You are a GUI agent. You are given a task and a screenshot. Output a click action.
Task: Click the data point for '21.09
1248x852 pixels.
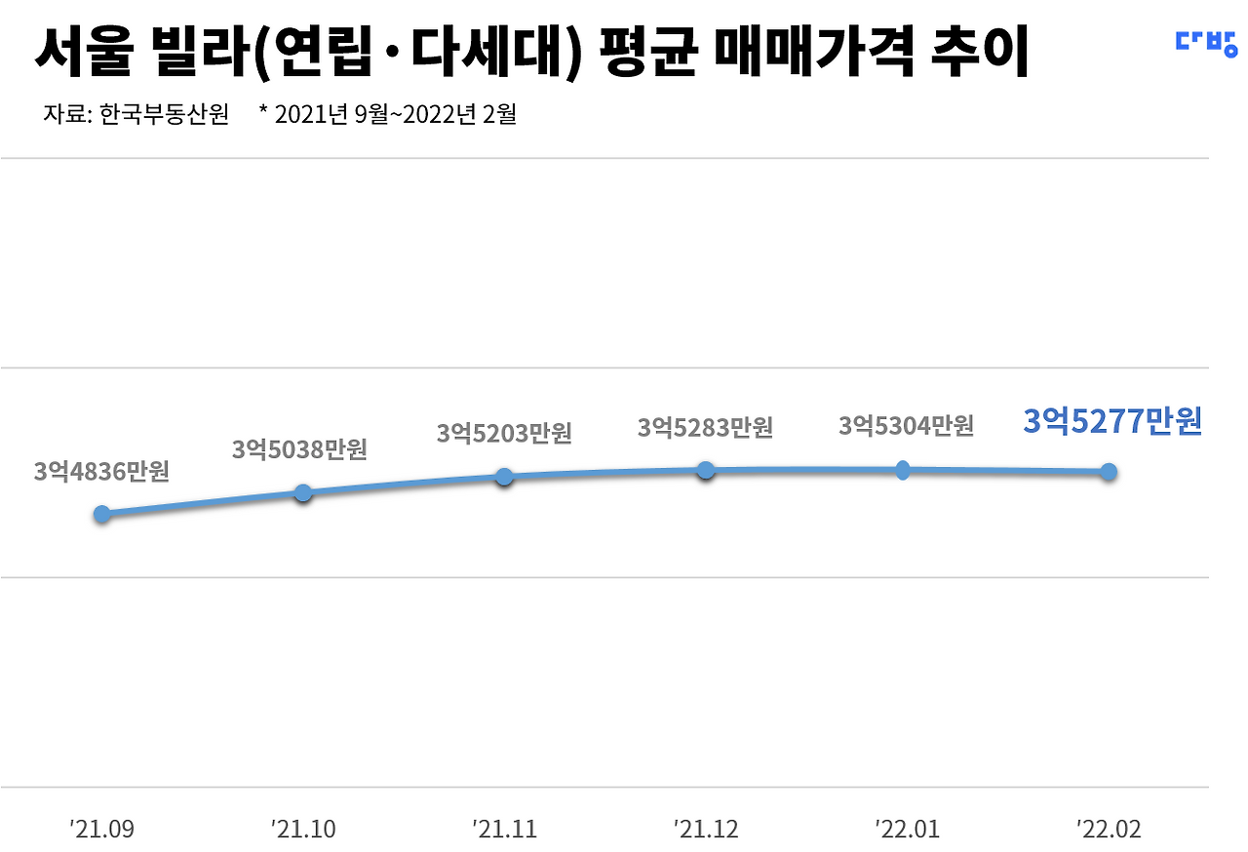click(102, 514)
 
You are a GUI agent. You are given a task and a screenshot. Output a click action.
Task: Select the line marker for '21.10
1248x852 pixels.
click(303, 493)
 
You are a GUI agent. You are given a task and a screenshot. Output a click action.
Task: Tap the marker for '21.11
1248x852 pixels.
click(504, 477)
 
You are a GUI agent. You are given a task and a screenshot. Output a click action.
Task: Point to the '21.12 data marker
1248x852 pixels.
click(706, 471)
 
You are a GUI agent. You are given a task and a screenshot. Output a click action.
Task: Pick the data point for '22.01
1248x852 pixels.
click(903, 471)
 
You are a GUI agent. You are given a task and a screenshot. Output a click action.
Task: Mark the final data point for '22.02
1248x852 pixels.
click(1109, 472)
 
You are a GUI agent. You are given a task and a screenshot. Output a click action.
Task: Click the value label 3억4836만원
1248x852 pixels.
click(101, 472)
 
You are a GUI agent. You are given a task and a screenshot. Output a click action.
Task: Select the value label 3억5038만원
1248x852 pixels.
click(299, 449)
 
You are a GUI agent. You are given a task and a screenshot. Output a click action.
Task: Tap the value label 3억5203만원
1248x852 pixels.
click(504, 433)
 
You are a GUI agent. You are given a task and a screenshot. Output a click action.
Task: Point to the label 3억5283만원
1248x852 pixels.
click(705, 428)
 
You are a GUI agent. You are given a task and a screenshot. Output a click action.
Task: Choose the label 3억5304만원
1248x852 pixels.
click(907, 426)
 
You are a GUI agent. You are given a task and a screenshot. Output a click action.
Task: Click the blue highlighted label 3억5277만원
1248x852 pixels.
click(1112, 421)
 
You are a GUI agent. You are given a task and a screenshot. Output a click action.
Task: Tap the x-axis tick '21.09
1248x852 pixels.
click(102, 830)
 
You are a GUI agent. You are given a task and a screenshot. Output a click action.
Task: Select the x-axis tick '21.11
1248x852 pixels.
click(505, 830)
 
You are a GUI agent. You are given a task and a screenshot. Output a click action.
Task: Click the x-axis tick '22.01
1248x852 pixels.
click(908, 830)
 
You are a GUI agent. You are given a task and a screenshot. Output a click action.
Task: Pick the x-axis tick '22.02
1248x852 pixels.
click(1109, 830)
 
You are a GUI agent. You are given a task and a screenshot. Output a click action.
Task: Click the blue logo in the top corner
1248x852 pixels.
click(1207, 44)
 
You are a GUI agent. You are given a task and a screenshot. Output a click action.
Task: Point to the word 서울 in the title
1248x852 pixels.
click(85, 52)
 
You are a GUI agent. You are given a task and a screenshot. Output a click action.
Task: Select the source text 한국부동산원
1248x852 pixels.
click(165, 114)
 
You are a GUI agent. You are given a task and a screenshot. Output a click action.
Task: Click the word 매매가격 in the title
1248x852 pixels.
click(814, 52)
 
